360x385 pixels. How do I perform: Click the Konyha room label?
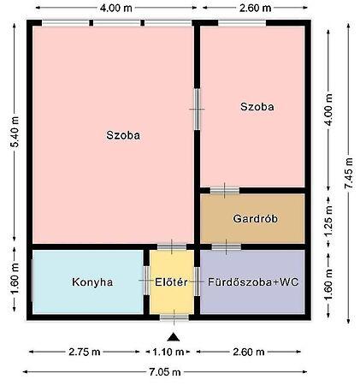pos(92,282)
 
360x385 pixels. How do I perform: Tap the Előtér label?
pos(171,282)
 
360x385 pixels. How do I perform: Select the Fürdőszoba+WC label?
pos(253,282)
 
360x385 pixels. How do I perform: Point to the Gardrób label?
pos(255,219)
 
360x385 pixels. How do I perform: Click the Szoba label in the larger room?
pos(123,135)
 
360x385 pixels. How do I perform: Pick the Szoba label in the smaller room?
pos(257,107)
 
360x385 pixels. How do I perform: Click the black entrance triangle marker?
pos(174,337)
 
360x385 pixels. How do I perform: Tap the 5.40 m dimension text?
pos(15,132)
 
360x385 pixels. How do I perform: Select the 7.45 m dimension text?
pos(349,173)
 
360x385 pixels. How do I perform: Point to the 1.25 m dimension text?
pos(328,221)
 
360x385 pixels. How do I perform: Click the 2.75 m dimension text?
pos(85,352)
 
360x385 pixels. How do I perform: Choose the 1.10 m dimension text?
pos(168,352)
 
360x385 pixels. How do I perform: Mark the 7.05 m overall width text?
pos(165,372)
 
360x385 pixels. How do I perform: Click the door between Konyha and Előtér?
pos(146,281)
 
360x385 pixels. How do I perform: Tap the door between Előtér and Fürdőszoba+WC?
pos(197,281)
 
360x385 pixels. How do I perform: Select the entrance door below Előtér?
pos(174,317)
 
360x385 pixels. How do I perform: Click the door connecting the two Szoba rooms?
pos(197,110)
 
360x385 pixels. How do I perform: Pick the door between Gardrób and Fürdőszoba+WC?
pos(227,247)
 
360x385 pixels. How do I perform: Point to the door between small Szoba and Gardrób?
pos(225,190)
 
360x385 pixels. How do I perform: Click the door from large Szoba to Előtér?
pos(172,246)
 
